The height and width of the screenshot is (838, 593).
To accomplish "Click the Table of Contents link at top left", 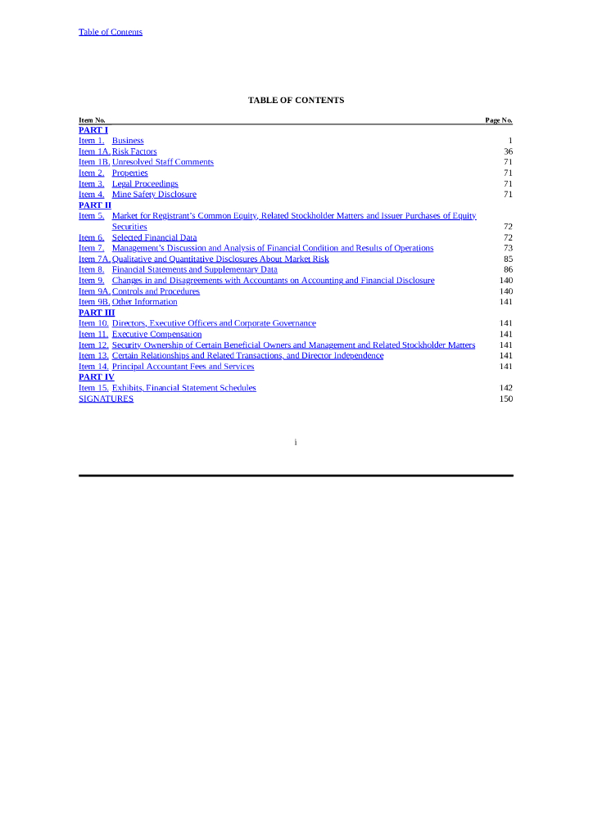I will [x=110, y=32].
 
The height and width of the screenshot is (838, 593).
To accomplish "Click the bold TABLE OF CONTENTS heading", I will [x=296, y=100].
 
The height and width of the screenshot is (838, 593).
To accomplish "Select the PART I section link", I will [x=93, y=130].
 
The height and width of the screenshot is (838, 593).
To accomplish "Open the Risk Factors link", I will [x=134, y=151].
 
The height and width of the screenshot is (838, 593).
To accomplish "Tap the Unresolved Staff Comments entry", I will [x=162, y=162].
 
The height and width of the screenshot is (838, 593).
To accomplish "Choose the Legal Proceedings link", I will [x=145, y=184].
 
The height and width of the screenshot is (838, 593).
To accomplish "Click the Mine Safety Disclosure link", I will [x=154, y=195].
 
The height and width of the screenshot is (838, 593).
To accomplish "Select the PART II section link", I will [x=95, y=205].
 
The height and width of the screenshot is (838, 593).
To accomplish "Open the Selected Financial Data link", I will [x=154, y=237].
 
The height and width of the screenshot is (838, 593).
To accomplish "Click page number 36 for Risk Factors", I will [x=508, y=151].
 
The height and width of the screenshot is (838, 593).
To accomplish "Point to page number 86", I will [x=508, y=269].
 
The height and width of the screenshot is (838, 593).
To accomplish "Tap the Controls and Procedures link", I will [x=156, y=291].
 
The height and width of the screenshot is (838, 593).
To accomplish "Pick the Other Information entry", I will [x=144, y=302].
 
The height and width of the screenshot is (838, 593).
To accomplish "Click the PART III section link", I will [x=97, y=313].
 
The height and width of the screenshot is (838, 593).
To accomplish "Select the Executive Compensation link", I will [x=156, y=334].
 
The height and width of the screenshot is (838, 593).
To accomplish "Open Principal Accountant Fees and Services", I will [x=183, y=367].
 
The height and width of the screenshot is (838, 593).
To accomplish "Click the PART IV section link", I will [x=96, y=377].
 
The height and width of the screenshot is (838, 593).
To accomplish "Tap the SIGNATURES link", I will [x=106, y=399].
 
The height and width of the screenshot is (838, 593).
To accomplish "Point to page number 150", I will [x=505, y=399].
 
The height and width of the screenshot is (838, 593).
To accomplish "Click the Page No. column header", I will [x=498, y=120].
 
